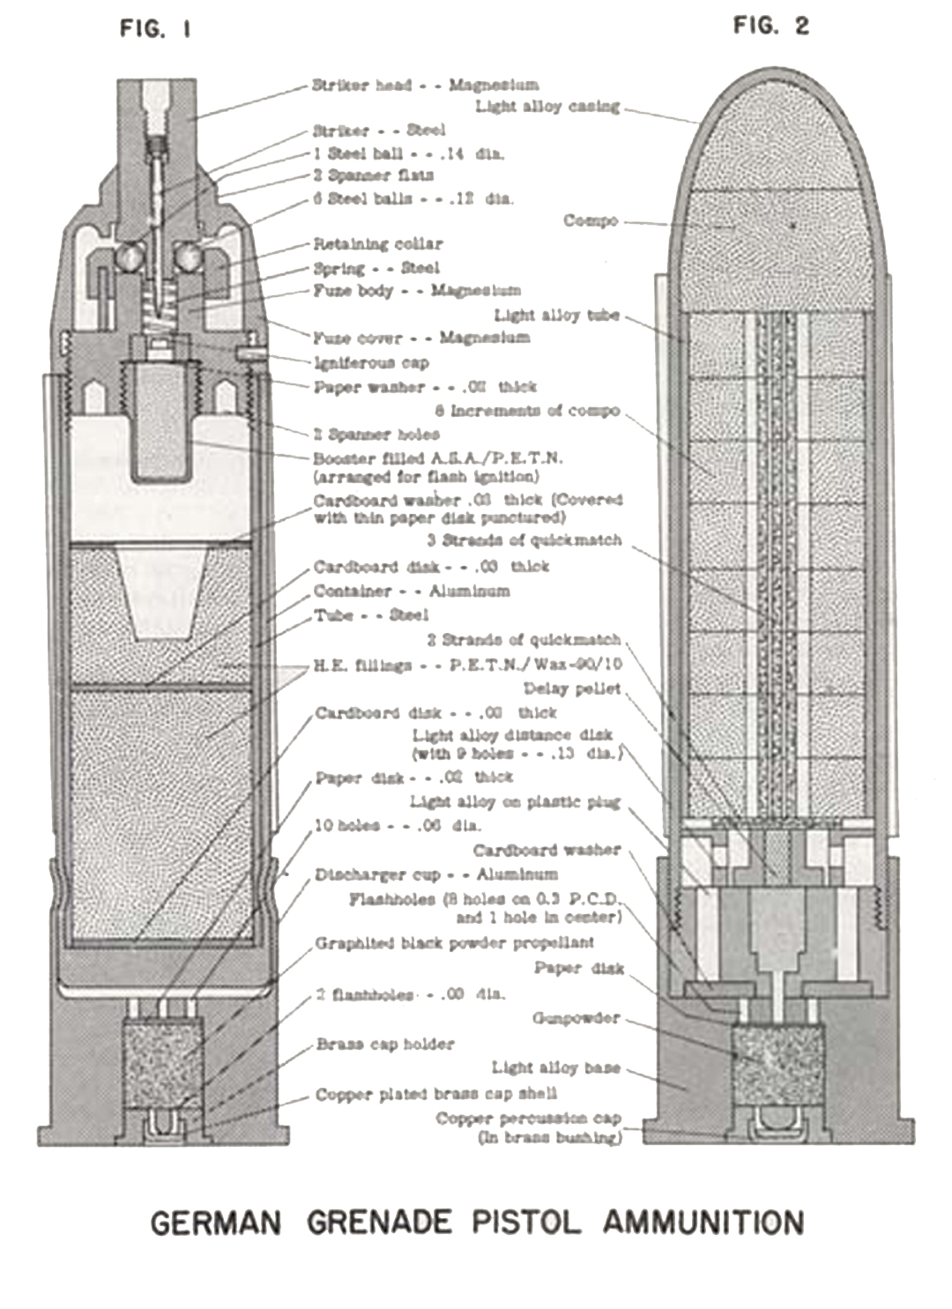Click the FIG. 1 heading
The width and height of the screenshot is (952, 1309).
155,29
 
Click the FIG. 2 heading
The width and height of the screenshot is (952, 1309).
770,26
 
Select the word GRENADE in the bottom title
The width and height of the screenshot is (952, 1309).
379,1223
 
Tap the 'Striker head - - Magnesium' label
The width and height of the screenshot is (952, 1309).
425,86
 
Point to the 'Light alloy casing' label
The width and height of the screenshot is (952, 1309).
547,107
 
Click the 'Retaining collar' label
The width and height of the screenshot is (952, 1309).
378,244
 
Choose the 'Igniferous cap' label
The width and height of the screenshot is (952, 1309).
371,362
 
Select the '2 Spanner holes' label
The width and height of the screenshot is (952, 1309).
376,434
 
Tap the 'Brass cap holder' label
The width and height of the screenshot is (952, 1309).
385,1045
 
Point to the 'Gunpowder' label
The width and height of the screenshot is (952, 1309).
576,1018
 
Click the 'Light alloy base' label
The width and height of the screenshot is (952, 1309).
555,1067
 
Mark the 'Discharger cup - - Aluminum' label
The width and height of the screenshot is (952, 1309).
435,874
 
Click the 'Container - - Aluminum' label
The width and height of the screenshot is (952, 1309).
411,591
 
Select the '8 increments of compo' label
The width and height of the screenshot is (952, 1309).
526,411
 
